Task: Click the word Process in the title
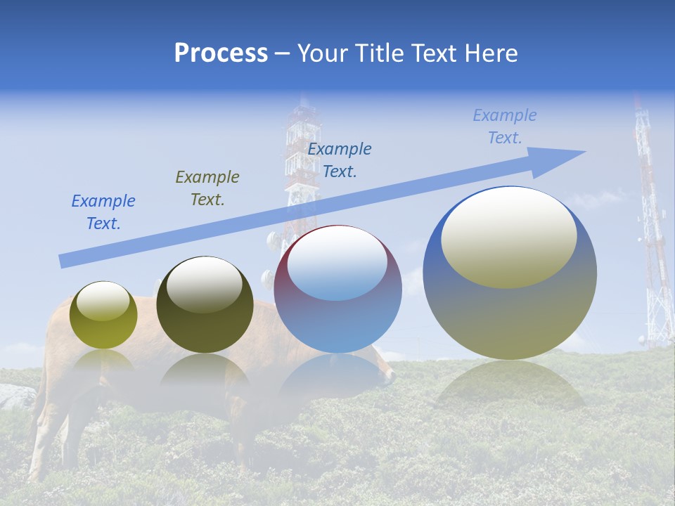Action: click(221, 53)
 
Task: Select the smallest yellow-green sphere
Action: click(103, 316)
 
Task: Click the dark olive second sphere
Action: click(205, 306)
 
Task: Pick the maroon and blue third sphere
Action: click(338, 290)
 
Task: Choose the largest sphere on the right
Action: click(510, 274)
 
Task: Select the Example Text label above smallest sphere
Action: click(103, 212)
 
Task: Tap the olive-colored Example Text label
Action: click(207, 188)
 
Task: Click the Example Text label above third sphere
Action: click(340, 160)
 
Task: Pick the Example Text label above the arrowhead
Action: click(505, 126)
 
